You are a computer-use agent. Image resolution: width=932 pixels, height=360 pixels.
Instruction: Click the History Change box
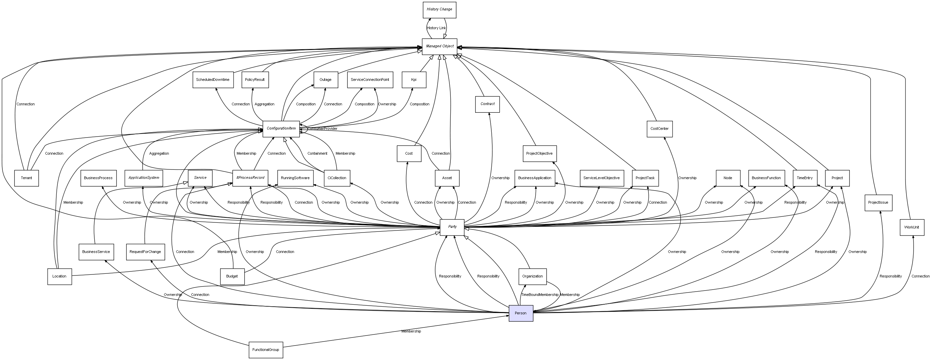click(x=439, y=10)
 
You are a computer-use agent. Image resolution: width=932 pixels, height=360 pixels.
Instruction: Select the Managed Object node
click(x=439, y=47)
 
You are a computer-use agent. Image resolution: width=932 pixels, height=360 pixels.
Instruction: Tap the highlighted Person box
click(x=521, y=313)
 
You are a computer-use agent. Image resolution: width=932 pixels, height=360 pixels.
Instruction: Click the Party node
click(x=452, y=227)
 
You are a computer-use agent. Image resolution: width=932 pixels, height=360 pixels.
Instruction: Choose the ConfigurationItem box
click(x=281, y=129)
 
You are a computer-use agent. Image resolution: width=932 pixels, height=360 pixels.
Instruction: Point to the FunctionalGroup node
click(x=265, y=350)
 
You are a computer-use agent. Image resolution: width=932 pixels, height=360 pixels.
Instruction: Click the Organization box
click(x=532, y=276)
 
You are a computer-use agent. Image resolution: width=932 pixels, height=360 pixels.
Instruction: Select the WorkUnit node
click(x=912, y=227)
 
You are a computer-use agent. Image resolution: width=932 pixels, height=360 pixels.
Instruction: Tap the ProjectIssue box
click(x=878, y=203)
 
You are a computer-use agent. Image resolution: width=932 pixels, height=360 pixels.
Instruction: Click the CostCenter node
click(x=659, y=129)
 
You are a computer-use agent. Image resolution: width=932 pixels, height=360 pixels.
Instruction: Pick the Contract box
click(x=487, y=104)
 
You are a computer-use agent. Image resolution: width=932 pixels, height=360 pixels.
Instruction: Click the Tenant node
click(x=27, y=178)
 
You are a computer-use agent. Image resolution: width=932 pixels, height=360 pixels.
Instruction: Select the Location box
click(x=59, y=276)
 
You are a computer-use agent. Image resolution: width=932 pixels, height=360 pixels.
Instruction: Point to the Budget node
click(x=232, y=276)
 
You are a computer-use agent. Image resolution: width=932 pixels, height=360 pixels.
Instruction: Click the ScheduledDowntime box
click(x=212, y=80)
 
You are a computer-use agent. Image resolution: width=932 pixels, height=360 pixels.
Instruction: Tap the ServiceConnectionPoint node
click(x=370, y=80)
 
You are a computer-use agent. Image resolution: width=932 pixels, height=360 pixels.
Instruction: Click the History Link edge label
click(x=436, y=28)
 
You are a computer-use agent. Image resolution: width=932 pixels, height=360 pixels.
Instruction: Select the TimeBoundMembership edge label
click(x=539, y=295)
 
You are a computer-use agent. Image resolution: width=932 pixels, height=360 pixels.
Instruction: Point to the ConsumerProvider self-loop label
click(x=323, y=129)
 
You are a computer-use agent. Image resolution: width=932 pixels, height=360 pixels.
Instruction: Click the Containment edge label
click(x=317, y=153)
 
